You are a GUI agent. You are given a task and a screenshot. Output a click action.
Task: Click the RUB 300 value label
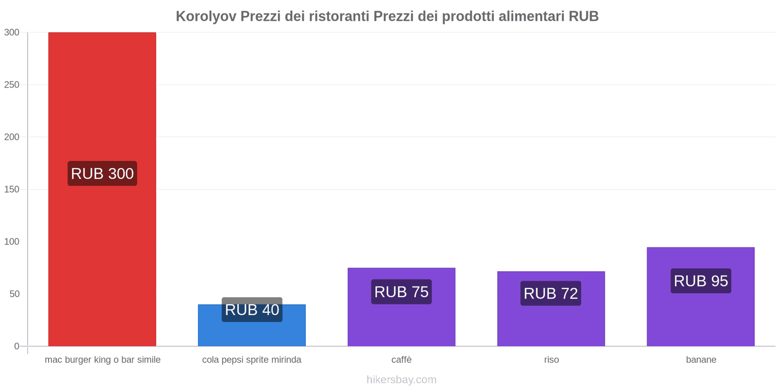(x=102, y=174)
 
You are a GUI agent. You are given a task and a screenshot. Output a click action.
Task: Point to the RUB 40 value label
(x=252, y=310)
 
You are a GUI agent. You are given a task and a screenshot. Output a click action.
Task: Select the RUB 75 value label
(x=401, y=292)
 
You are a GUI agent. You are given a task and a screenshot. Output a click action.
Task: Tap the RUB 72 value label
(x=551, y=293)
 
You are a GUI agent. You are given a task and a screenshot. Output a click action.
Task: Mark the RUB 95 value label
(x=701, y=281)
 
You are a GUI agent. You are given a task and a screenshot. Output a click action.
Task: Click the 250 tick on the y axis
(x=12, y=85)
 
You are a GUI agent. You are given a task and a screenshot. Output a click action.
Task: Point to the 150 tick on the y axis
(x=12, y=189)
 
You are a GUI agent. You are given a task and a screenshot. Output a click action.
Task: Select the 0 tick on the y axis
(x=17, y=346)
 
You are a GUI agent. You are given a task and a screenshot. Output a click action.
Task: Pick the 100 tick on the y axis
(x=12, y=242)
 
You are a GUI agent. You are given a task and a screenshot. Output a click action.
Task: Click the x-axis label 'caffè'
(x=402, y=360)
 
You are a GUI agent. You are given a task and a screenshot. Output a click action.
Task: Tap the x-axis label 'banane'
(x=701, y=360)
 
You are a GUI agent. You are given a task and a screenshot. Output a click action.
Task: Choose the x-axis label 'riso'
(x=551, y=360)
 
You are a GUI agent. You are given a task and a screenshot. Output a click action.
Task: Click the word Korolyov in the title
(x=206, y=17)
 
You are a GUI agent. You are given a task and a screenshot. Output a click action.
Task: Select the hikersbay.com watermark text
(x=402, y=380)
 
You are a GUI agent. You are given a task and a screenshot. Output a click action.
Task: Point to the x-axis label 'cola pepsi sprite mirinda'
(x=252, y=360)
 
